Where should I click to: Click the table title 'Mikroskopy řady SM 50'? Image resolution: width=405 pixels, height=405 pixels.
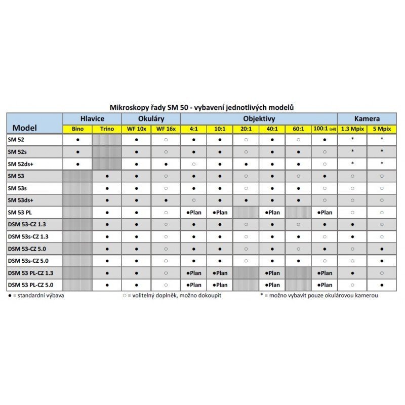202,108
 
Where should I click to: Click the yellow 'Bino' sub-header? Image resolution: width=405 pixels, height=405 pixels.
77,129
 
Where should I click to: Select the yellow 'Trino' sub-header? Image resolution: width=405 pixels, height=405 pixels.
107,129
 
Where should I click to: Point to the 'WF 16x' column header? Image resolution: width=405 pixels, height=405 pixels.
166,129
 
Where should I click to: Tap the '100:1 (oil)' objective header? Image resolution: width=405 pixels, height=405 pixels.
325,129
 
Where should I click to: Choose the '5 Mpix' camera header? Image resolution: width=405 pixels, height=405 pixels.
382,129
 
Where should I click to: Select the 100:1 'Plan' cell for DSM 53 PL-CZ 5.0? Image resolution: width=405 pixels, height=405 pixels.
325,285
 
